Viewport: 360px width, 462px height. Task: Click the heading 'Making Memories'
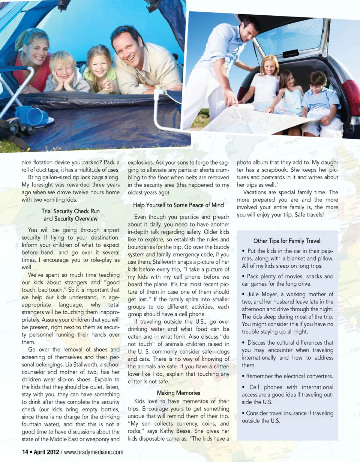point(179,393)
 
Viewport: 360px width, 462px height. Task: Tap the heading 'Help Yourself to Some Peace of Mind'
point(178,205)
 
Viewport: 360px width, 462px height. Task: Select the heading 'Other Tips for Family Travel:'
point(288,241)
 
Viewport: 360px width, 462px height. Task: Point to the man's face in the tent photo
point(129,46)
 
